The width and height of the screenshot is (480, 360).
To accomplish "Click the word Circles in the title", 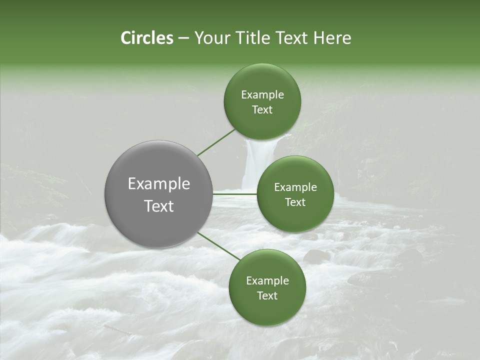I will pyautogui.click(x=146, y=38).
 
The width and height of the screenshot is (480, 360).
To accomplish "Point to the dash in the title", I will pyautogui.click(x=183, y=38).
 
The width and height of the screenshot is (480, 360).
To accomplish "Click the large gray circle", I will pyautogui.click(x=158, y=194).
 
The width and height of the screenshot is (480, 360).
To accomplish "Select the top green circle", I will pyautogui.click(x=262, y=101).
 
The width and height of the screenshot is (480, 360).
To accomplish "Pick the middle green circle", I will pyautogui.click(x=295, y=194).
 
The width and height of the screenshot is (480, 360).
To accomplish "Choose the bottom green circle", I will pyautogui.click(x=267, y=287).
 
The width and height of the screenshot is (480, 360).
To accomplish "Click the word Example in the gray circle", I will pyautogui.click(x=158, y=184).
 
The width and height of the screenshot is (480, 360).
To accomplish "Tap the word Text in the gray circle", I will pyautogui.click(x=158, y=206).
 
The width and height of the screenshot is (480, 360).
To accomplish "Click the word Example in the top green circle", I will pyautogui.click(x=262, y=94).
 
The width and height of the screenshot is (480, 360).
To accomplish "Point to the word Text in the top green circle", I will pyautogui.click(x=262, y=109).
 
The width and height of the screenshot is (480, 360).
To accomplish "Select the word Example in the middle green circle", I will pyautogui.click(x=295, y=187).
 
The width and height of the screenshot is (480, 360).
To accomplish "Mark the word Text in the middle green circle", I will pyautogui.click(x=295, y=202).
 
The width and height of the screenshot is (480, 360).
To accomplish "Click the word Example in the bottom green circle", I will pyautogui.click(x=267, y=280).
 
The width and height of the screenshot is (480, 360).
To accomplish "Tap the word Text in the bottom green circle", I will pyautogui.click(x=267, y=295).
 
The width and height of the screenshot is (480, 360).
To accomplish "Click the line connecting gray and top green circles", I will pyautogui.click(x=216, y=142).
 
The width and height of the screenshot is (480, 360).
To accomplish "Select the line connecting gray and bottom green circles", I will pyautogui.click(x=219, y=246).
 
